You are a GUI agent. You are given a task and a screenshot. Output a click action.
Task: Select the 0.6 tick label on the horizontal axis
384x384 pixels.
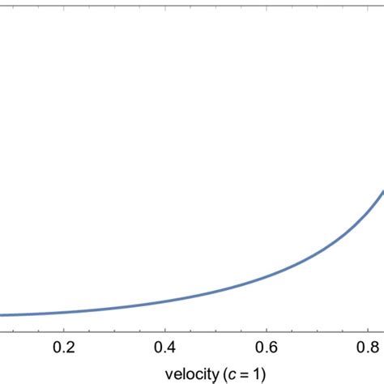click(267, 347)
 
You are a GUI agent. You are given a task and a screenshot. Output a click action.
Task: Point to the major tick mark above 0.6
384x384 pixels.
click(267, 328)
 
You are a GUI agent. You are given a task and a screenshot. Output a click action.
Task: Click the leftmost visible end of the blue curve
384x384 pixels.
click(2, 315)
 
